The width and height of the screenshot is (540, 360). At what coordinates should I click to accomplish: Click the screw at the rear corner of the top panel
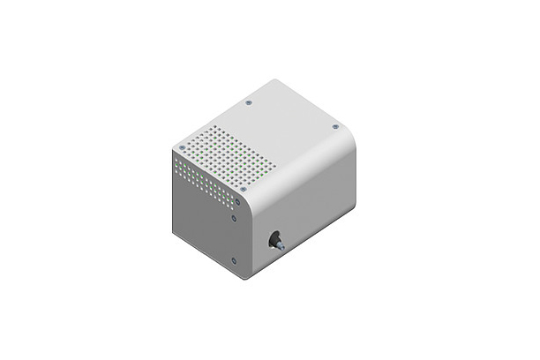pos(248,102)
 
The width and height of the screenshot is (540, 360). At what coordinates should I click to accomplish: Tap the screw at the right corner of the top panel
pos(335,126)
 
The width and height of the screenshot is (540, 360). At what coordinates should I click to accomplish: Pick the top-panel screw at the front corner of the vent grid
pos(243,189)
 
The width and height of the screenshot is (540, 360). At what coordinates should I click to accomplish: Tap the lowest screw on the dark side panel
pos(233,259)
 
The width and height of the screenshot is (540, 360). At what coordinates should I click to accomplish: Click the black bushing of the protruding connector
pos(274,240)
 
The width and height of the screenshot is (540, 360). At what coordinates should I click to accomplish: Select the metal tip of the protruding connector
pos(281,249)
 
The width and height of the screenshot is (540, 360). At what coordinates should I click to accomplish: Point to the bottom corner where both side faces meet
pos(244,279)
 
